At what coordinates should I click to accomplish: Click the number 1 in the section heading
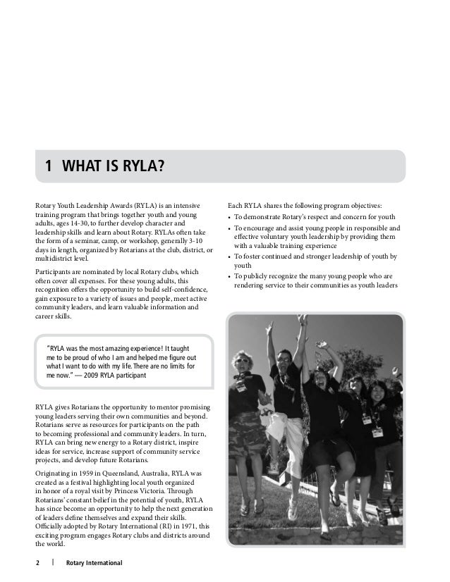[48, 167]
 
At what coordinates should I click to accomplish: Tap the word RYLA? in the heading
[143, 167]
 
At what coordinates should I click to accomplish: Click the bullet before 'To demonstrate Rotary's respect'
[230, 218]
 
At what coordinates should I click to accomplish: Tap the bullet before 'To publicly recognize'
[230, 277]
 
